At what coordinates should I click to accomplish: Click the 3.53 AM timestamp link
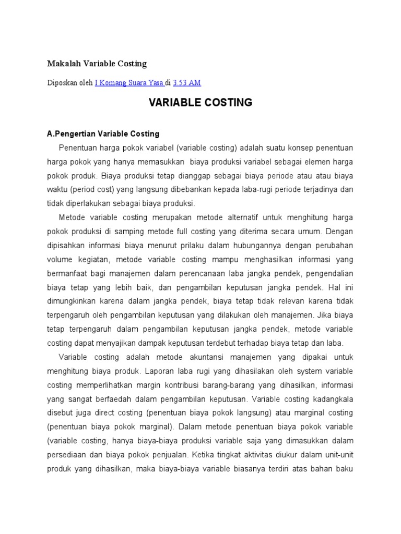pyautogui.click(x=187, y=82)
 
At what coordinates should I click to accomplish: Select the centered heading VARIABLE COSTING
pyautogui.click(x=200, y=103)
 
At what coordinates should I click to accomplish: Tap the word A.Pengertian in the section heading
pyautogui.click(x=69, y=133)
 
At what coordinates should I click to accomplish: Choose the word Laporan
pyautogui.click(x=157, y=371)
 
